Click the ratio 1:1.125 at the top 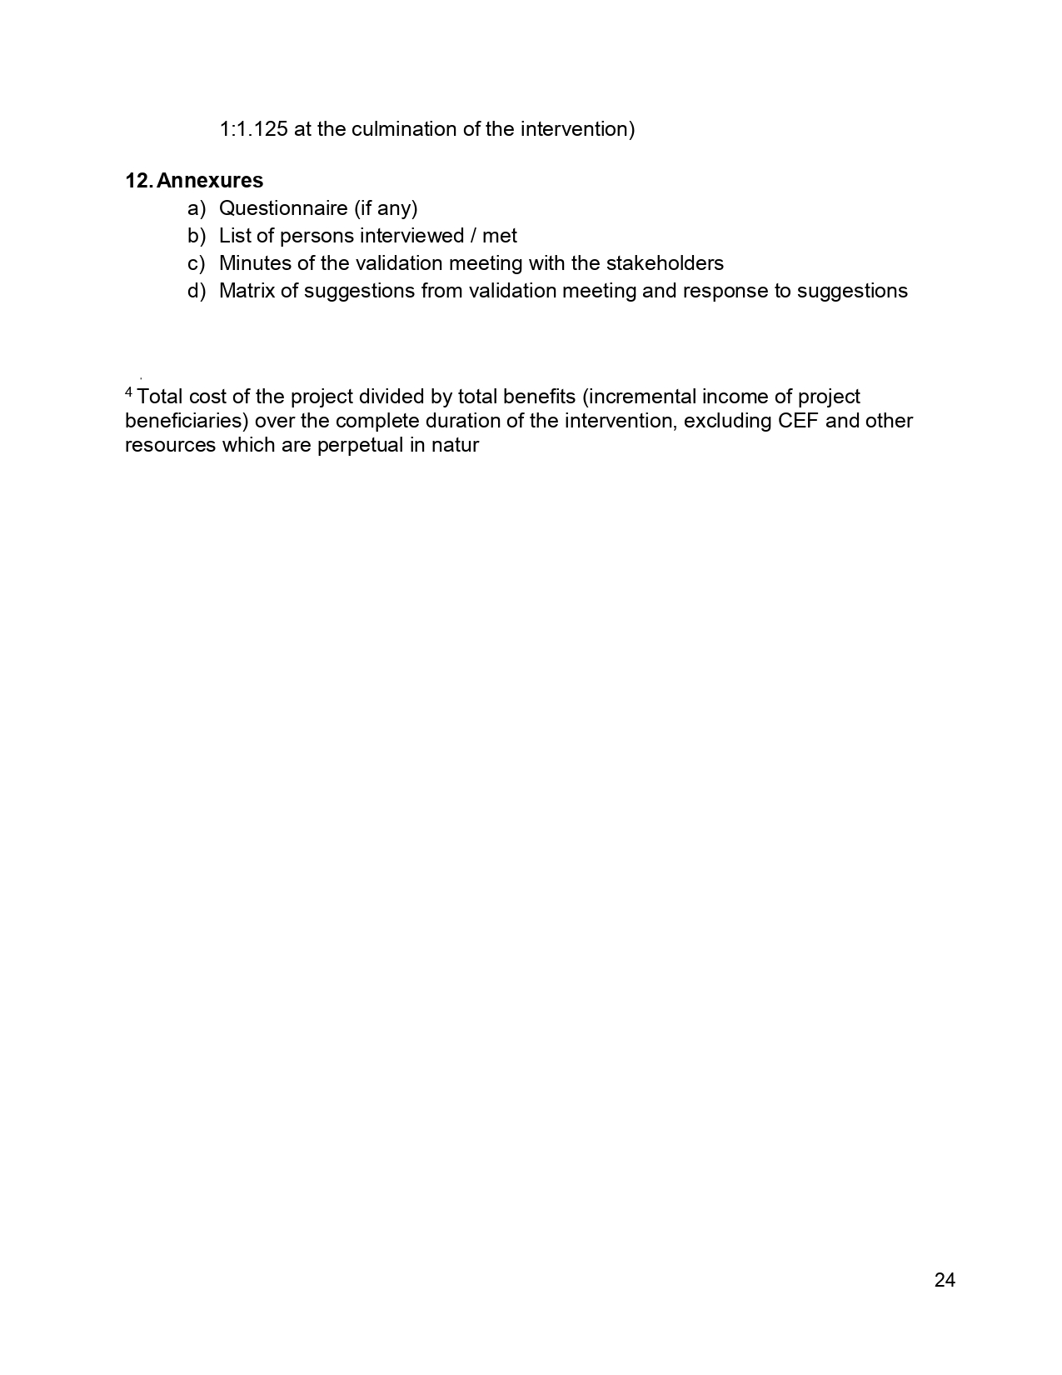253,129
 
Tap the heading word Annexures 210,181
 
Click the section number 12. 137,181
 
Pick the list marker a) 196,208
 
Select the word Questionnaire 283,208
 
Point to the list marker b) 196,236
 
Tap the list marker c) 196,263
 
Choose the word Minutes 255,263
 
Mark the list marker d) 196,291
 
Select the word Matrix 247,291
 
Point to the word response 720,291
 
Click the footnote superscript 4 128,392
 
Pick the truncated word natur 456,445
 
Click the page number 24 945,1281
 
